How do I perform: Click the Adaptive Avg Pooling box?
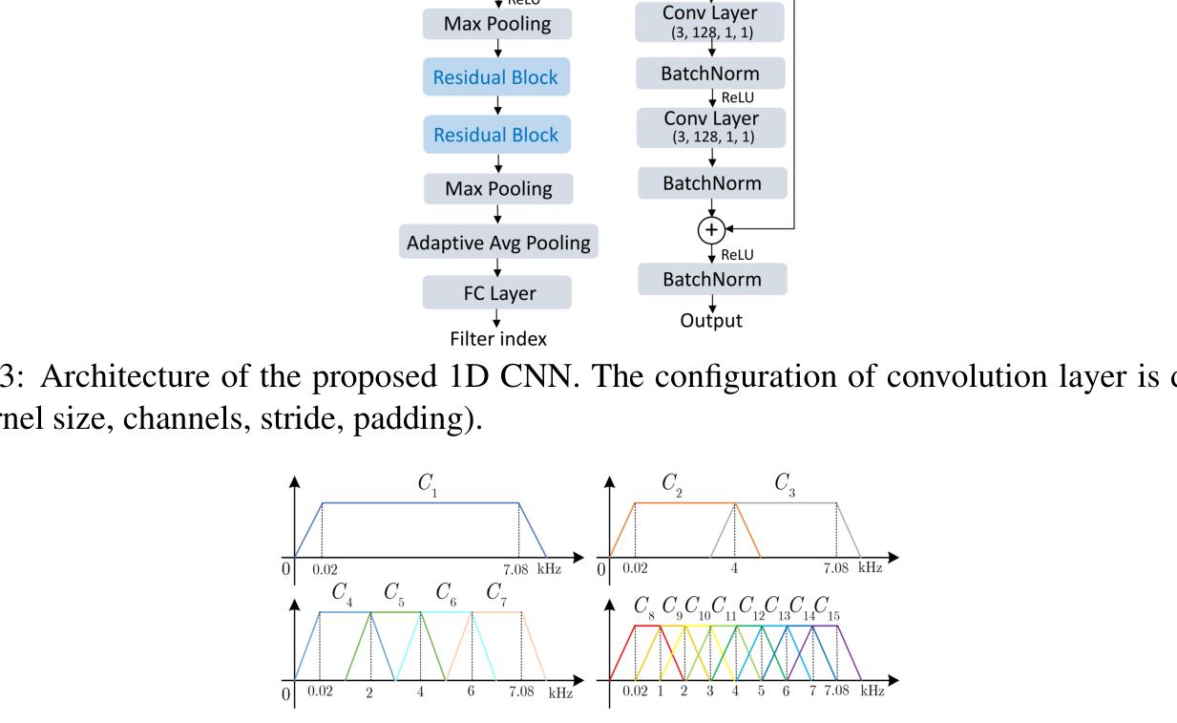(x=498, y=243)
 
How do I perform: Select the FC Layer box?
(x=498, y=293)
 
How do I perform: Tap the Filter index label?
(x=498, y=338)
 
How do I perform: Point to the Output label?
(x=711, y=320)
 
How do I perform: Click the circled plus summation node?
(x=711, y=229)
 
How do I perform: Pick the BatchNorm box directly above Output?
(x=712, y=279)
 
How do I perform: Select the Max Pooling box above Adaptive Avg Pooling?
(x=498, y=189)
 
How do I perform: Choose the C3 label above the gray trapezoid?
(x=785, y=484)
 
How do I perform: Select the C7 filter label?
(x=496, y=594)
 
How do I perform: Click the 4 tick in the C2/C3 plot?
(x=734, y=568)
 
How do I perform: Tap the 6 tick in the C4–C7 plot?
(x=472, y=691)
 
